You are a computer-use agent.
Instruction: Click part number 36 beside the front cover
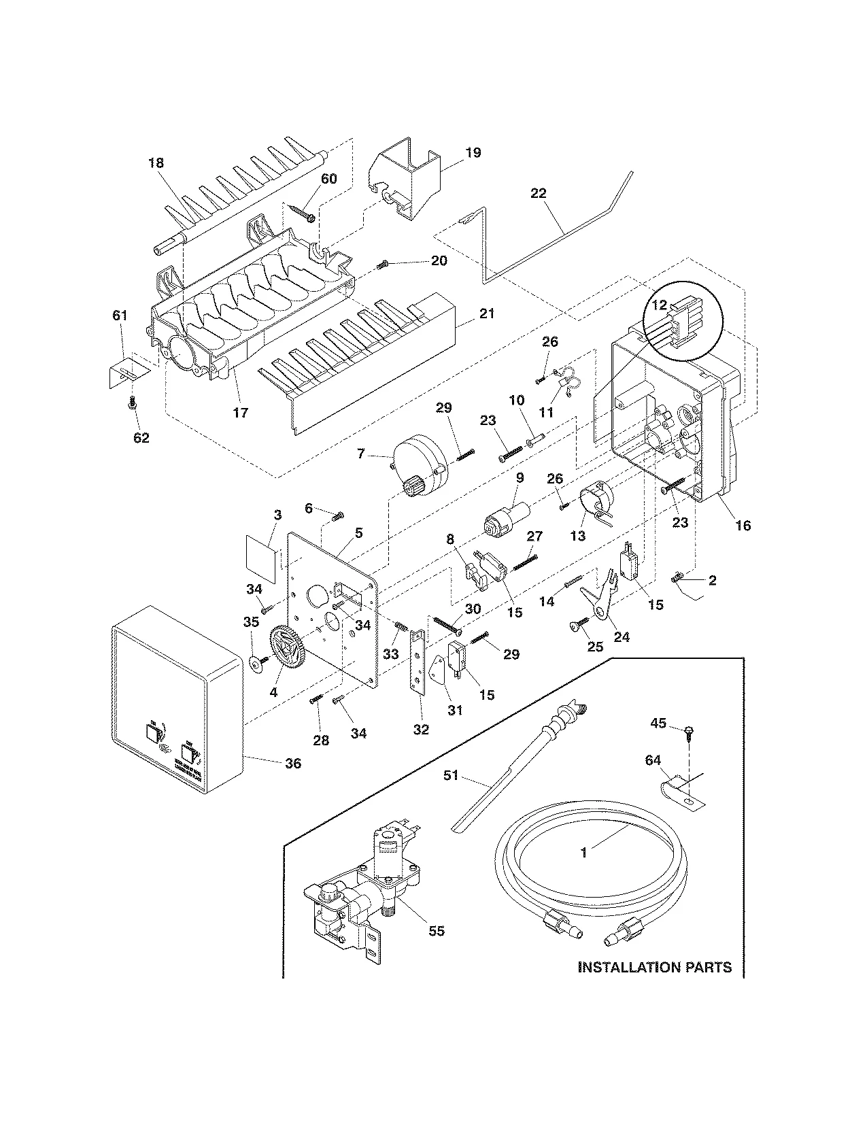coord(292,764)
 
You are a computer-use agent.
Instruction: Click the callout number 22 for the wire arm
coord(538,194)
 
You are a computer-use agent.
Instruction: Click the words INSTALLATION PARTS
coord(654,966)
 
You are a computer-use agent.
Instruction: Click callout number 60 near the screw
coord(328,179)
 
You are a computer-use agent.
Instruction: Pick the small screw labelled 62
coord(133,405)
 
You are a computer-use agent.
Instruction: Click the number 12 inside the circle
coord(660,305)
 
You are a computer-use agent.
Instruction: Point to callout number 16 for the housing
coord(743,525)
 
